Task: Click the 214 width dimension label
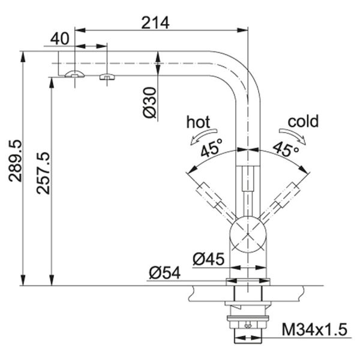(x=155, y=22)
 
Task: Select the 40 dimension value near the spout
(x=60, y=38)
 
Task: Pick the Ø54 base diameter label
(x=163, y=273)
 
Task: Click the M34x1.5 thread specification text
(x=314, y=329)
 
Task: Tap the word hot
(x=198, y=122)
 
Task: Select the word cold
(x=303, y=122)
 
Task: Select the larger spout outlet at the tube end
(x=74, y=74)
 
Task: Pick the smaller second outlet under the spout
(x=106, y=76)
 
